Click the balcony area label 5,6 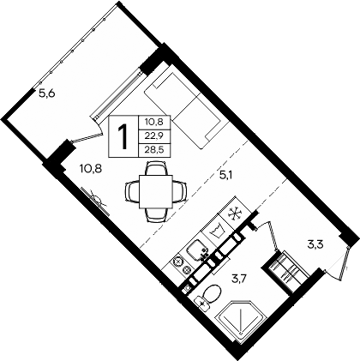point(48,94)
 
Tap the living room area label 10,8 point(92,170)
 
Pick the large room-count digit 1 point(124,135)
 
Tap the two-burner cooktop point(182,263)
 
